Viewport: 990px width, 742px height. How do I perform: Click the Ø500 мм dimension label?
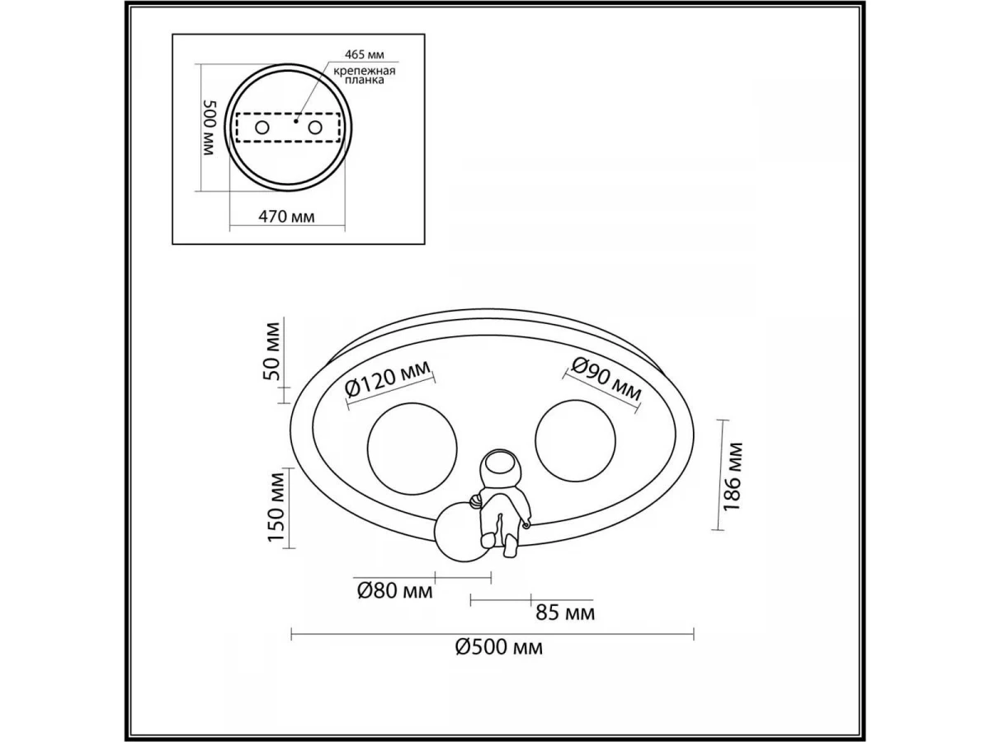pos(499,648)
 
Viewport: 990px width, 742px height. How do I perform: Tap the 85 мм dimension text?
pos(565,613)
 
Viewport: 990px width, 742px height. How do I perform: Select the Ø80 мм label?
pos(394,591)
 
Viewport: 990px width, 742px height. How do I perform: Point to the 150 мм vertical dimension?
pos(276,507)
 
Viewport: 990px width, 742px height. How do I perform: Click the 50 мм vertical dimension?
pos(271,351)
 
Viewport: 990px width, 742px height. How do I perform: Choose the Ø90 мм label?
pos(606,379)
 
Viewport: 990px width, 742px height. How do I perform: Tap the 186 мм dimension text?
pos(732,477)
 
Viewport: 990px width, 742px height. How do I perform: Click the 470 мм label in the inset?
pos(286,217)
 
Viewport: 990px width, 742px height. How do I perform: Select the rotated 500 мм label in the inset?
pos(210,128)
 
